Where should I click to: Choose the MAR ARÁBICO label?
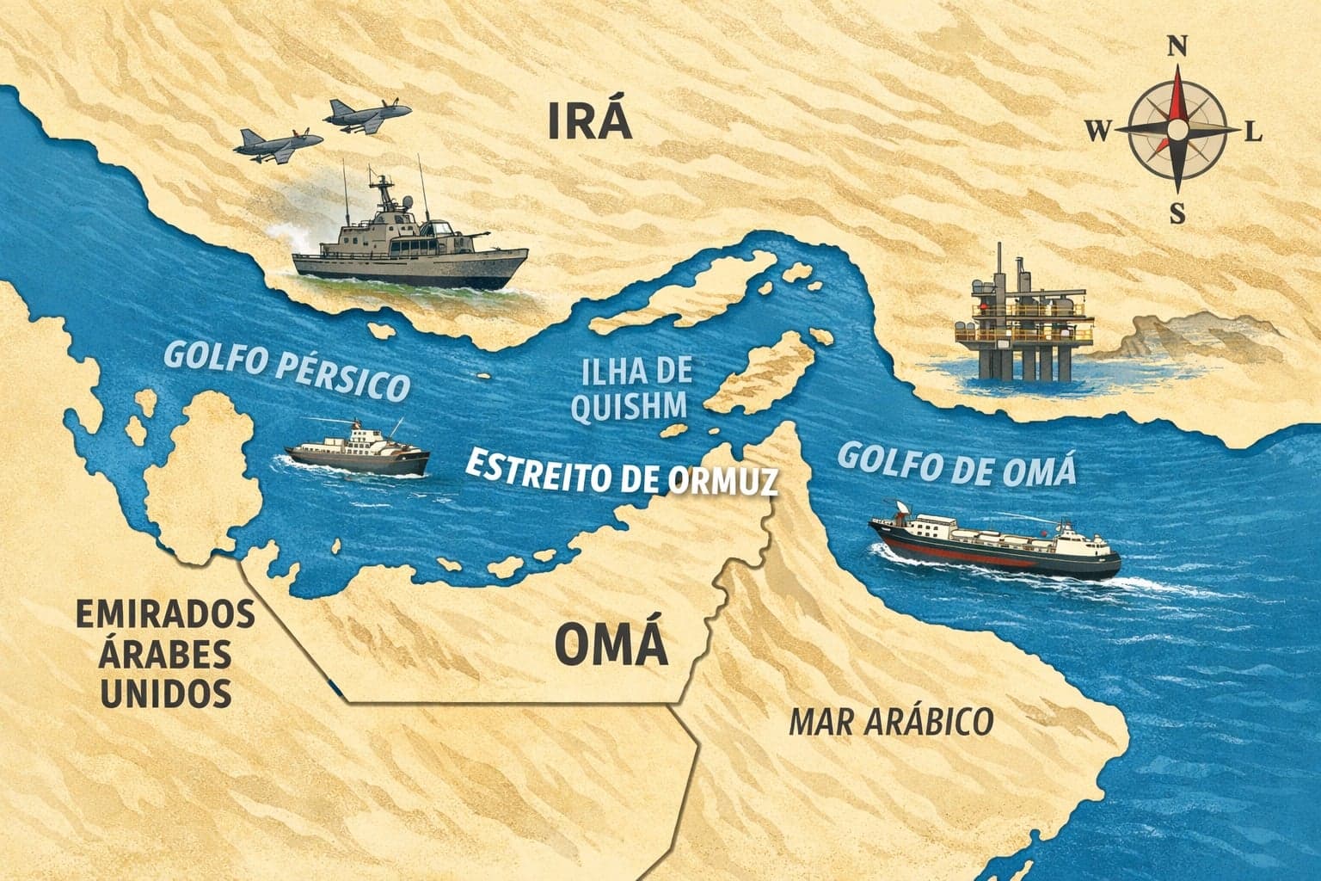(x=890, y=722)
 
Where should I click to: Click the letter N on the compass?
(x=1177, y=47)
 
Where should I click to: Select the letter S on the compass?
(x=1177, y=211)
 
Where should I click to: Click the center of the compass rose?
(x=1177, y=130)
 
